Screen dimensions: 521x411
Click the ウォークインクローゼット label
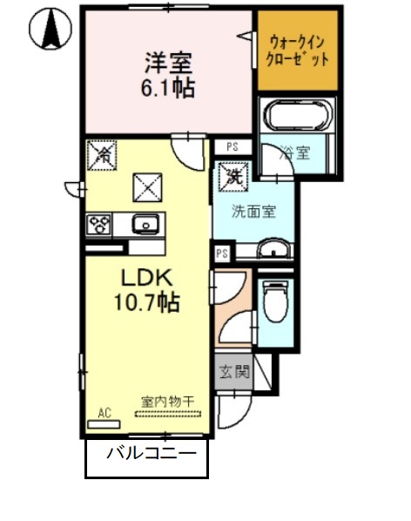tap(299, 50)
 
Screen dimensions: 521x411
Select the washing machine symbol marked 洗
tap(233, 175)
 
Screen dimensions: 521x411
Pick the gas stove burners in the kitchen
tap(98, 224)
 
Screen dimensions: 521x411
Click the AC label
tap(104, 412)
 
